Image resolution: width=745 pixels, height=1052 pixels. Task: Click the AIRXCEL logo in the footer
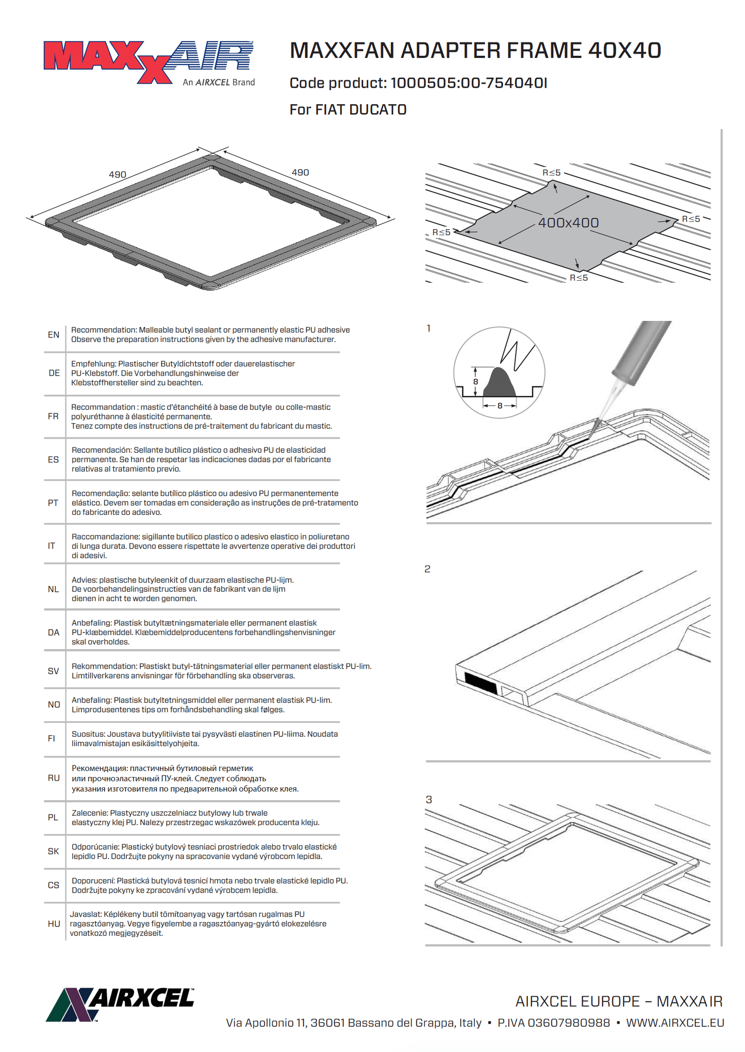(120, 1004)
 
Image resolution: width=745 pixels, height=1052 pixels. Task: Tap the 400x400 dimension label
(568, 223)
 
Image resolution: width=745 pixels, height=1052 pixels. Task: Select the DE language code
(54, 373)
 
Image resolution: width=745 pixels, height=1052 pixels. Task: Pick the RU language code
(54, 778)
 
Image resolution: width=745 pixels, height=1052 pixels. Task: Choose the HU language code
(54, 924)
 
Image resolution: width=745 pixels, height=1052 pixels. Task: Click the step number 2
(427, 569)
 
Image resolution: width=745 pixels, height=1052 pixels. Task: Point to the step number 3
(428, 800)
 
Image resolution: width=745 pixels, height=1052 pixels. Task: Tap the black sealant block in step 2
(481, 683)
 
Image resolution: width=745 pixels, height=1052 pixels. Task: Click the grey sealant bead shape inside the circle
(499, 384)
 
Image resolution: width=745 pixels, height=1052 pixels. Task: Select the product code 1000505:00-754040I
(469, 83)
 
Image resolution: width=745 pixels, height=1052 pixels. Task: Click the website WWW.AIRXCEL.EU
(675, 1023)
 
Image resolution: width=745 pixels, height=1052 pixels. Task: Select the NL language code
(54, 589)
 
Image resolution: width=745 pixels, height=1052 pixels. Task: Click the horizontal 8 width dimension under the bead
(500, 406)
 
